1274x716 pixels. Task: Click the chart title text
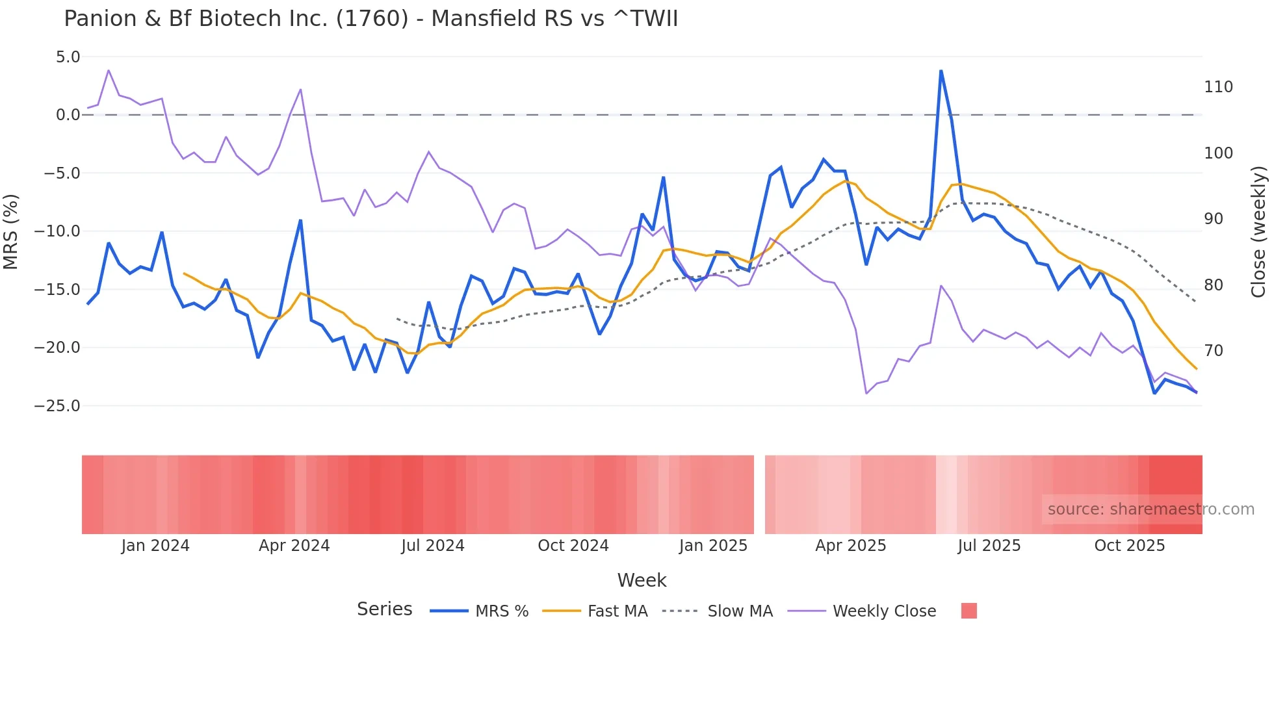(x=370, y=19)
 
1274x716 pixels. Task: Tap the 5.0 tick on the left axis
(x=68, y=57)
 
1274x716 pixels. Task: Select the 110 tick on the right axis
(x=1218, y=87)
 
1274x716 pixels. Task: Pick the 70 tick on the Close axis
(x=1214, y=351)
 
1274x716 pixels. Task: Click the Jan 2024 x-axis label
(x=155, y=546)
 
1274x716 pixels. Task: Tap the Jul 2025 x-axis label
(x=989, y=546)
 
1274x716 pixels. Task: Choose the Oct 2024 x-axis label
(x=573, y=546)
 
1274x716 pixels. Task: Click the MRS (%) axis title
(x=11, y=231)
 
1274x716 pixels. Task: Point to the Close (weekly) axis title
(x=1258, y=231)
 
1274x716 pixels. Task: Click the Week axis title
(x=642, y=580)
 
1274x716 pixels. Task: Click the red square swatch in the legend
(x=968, y=611)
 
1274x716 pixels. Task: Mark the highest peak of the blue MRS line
(x=941, y=71)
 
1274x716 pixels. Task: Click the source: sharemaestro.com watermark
(x=1150, y=509)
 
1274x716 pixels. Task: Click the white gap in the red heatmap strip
(x=759, y=494)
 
